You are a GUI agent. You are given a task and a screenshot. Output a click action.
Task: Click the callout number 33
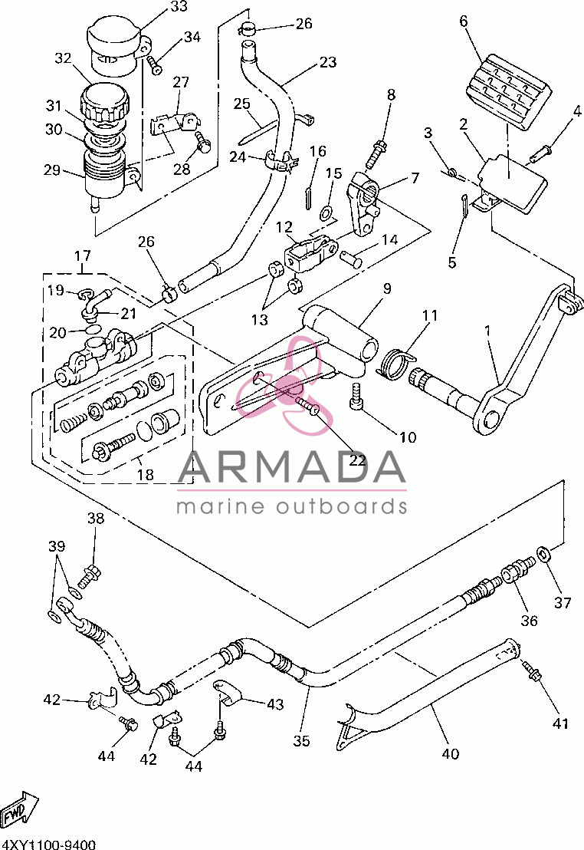tap(179, 6)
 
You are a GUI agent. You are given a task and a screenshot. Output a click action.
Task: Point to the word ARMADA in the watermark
tap(291, 466)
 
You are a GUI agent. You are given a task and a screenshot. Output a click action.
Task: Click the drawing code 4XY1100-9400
tap(48, 845)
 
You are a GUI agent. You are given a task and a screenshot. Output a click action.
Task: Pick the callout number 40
tap(450, 753)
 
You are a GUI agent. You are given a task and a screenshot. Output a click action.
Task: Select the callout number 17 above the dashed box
tap(82, 255)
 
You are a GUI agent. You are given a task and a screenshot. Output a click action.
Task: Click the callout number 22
tap(358, 460)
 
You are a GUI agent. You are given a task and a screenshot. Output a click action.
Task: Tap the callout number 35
tap(301, 740)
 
